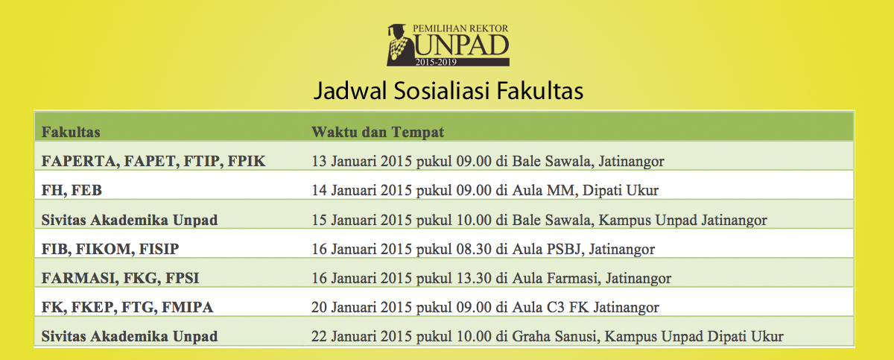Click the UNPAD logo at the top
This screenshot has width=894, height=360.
coord(448,45)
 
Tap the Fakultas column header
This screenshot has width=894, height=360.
coord(72,133)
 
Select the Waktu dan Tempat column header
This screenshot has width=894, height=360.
coord(378,133)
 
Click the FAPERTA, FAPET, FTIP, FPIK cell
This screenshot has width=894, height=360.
coord(153,161)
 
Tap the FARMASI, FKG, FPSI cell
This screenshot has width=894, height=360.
coord(121,278)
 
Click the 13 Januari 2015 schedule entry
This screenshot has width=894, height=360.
coord(487,161)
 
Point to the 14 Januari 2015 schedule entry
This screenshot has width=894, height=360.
coord(485,190)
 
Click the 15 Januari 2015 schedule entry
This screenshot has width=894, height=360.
coord(539,220)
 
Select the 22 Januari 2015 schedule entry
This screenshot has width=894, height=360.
coord(547,336)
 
